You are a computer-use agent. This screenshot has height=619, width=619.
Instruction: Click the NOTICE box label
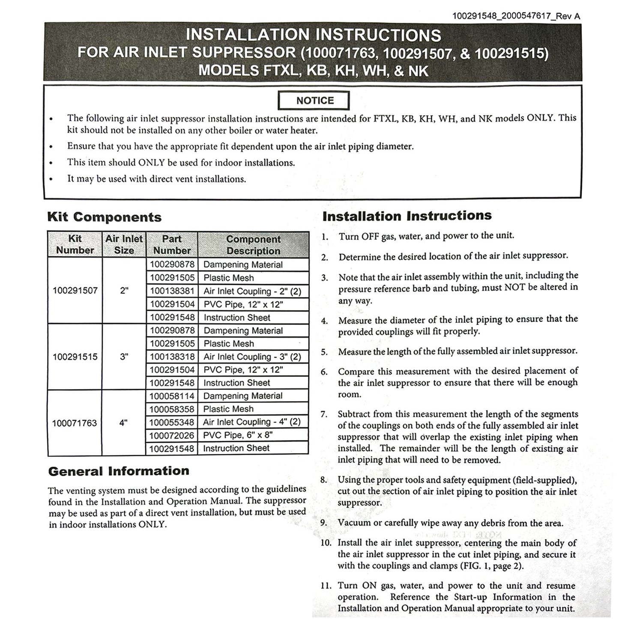314,101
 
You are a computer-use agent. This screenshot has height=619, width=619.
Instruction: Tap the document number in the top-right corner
516,16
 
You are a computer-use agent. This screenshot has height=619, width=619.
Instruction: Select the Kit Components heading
104,217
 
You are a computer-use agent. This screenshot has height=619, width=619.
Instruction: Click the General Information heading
119,471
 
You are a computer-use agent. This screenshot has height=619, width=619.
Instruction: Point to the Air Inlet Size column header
124,244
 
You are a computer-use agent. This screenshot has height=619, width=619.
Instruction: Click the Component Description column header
253,245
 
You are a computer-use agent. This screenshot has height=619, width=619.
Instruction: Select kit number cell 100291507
75,291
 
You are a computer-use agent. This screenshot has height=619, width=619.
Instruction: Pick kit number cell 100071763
75,423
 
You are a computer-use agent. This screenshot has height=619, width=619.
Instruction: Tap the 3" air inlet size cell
124,357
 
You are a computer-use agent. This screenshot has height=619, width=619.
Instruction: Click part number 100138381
172,291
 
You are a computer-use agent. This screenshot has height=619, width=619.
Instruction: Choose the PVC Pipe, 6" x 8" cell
238,435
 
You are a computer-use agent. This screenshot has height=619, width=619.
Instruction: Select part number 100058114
172,396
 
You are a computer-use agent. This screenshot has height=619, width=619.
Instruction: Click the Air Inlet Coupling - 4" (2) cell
252,422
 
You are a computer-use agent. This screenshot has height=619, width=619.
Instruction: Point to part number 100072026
172,435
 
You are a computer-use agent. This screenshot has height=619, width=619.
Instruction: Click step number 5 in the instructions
324,352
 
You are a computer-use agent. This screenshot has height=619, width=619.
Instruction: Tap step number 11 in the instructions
326,586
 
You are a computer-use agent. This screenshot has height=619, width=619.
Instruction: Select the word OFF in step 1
370,236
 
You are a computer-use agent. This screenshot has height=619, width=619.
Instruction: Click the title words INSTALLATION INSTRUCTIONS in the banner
313,35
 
